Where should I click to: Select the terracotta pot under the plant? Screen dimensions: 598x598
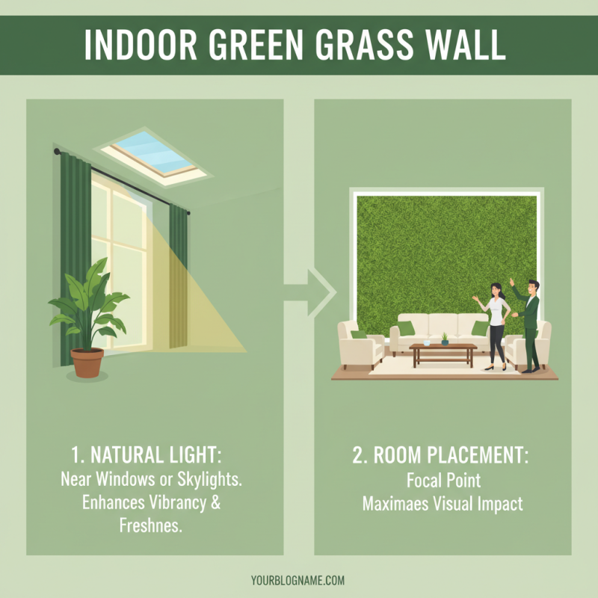[x=87, y=362]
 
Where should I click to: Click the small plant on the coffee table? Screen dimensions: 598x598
[x=445, y=339]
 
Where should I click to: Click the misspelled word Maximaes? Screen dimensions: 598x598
[x=397, y=503]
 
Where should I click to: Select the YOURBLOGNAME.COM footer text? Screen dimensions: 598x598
[x=298, y=580]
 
